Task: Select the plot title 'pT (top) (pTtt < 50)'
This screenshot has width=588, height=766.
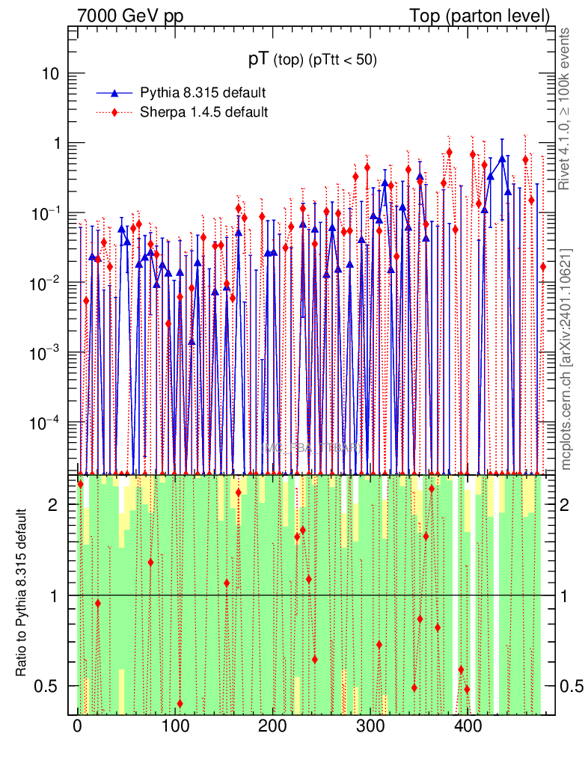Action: pos(313,60)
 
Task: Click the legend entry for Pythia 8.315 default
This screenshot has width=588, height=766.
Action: pos(203,93)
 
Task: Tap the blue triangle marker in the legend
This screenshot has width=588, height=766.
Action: pos(114,93)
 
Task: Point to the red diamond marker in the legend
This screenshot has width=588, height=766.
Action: pos(114,112)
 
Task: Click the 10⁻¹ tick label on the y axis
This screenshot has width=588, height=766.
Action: pos(46,213)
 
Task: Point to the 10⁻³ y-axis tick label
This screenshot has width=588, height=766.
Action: pos(46,352)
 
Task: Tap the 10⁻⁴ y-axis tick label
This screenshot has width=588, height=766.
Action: pos(46,422)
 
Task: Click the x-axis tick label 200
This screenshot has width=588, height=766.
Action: pos(272,726)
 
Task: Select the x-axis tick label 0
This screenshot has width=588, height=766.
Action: pos(78,726)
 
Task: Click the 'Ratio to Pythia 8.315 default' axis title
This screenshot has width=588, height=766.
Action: pos(23,595)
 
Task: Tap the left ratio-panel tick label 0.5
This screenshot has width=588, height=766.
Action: pos(49,686)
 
